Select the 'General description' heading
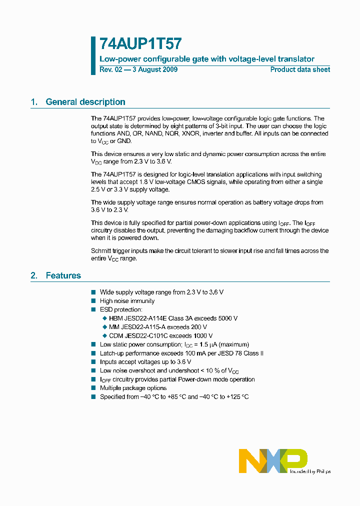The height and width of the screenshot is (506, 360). coord(85,102)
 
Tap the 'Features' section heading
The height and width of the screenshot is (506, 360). coord(63,275)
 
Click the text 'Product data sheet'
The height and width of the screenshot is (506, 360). coord(300,69)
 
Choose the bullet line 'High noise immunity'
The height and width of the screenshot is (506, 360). coord(127,301)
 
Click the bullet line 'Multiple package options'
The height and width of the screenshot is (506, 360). coord(133,388)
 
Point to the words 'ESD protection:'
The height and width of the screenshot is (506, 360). coord(121,309)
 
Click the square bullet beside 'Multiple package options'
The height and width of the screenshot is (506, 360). coord(93,388)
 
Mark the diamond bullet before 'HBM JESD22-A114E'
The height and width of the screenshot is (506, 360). coord(104,318)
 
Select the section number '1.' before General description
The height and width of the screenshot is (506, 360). coord(34,102)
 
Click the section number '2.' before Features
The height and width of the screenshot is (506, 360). coord(34,275)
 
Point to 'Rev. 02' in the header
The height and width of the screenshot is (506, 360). coord(110,69)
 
